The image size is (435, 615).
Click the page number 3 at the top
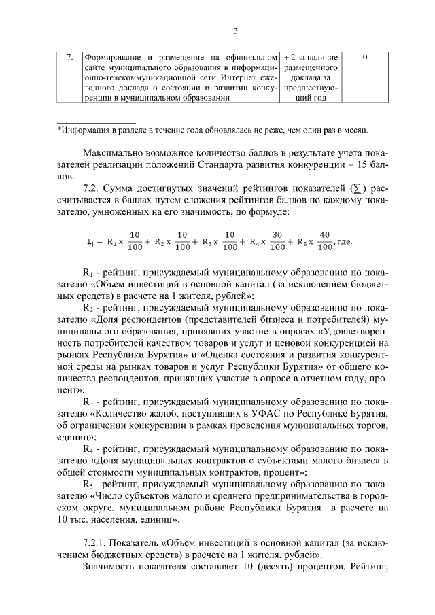[234, 31]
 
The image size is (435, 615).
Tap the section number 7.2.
[92, 188]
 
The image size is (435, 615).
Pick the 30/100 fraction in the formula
[277, 241]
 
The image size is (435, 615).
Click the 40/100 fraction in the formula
[324, 241]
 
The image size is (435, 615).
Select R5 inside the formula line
[296, 241]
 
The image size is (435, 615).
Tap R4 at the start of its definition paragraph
[87, 450]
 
